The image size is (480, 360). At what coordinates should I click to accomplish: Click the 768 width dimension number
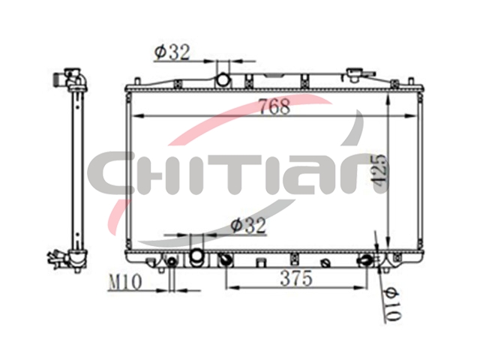click(x=274, y=106)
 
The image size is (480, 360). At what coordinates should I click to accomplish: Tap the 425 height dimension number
click(x=380, y=169)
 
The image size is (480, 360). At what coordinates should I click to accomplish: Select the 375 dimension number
click(x=296, y=278)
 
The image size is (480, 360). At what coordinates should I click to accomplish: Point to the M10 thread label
click(x=125, y=282)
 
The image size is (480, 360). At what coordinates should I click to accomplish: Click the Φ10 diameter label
click(x=393, y=304)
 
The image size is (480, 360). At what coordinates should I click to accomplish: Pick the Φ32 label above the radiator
click(x=172, y=52)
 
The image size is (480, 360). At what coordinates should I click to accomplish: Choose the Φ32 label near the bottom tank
click(x=248, y=226)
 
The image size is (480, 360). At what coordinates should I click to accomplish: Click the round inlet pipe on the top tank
click(x=223, y=80)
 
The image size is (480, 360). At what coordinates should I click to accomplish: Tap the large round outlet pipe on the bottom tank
click(x=196, y=255)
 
